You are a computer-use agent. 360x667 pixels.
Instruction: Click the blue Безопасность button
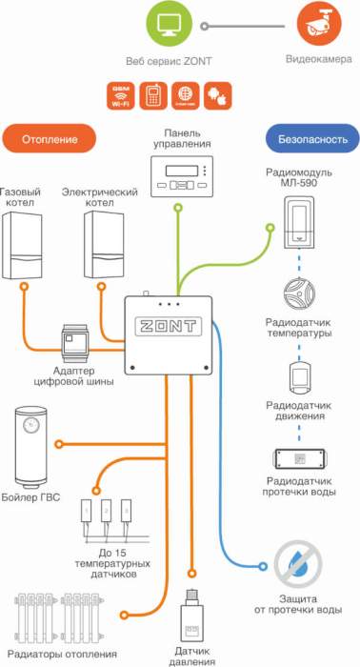click(x=312, y=139)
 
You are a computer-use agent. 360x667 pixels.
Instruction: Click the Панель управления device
click(x=181, y=177)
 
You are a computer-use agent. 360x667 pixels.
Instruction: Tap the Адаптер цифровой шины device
click(x=76, y=344)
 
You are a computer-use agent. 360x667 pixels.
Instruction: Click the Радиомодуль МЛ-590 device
click(x=298, y=218)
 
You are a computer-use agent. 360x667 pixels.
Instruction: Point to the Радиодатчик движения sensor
click(x=298, y=375)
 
